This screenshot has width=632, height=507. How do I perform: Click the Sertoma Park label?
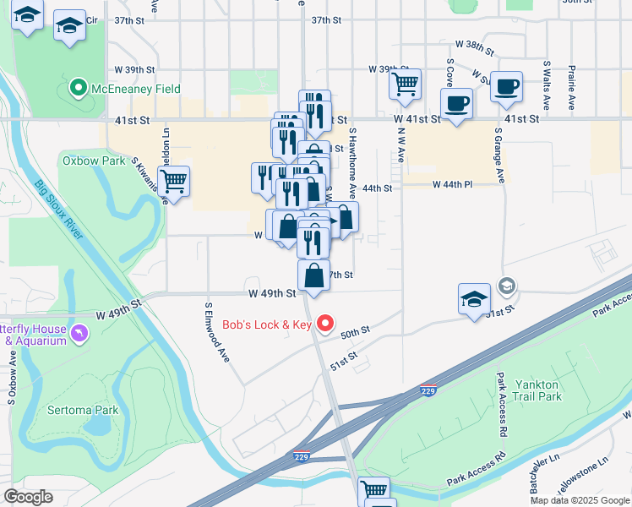click(81, 410)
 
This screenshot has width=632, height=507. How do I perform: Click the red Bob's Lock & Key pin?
click(326, 324)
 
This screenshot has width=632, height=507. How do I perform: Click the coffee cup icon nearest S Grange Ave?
click(506, 87)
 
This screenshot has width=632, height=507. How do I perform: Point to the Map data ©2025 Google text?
click(580, 500)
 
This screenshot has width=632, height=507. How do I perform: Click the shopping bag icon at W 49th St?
click(313, 276)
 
